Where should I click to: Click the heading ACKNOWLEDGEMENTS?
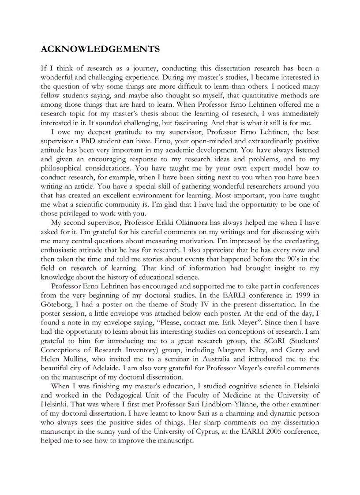(x=100, y=49)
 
